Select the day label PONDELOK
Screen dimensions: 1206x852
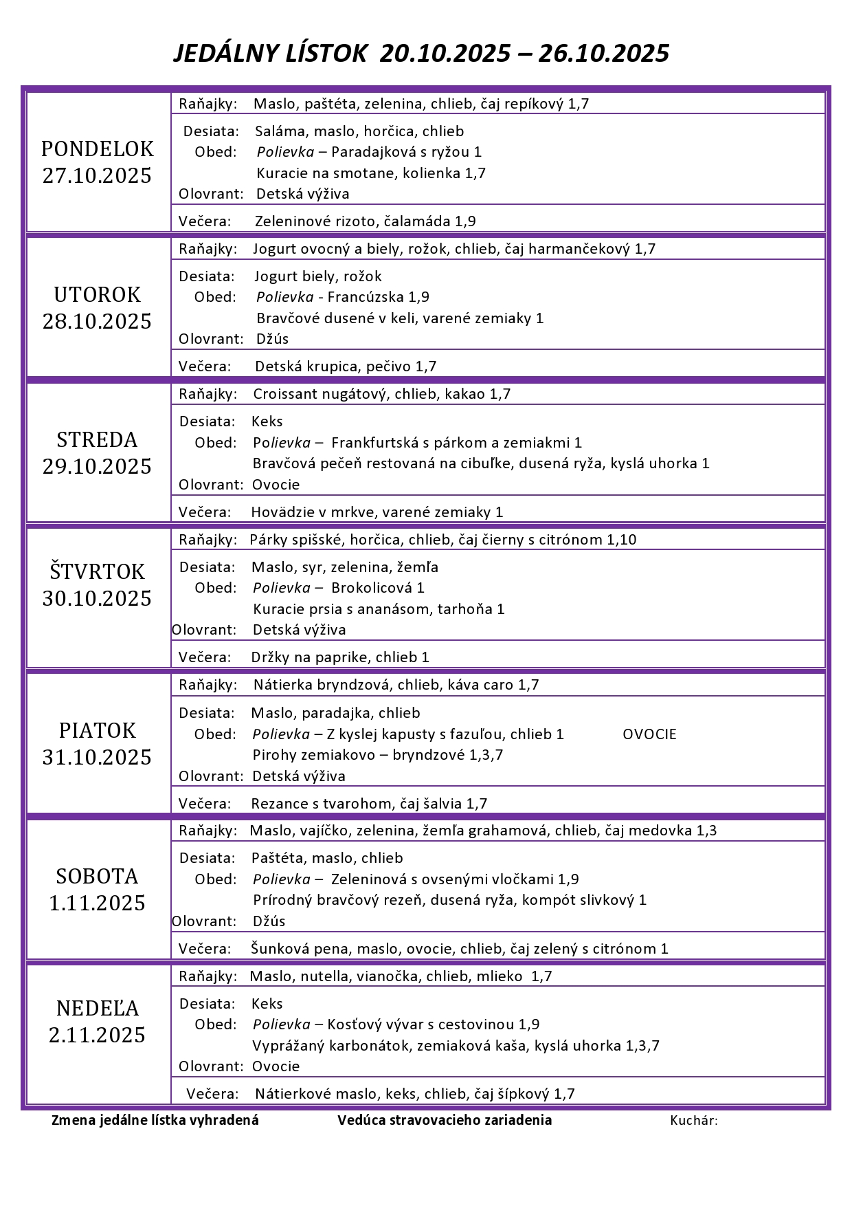[97, 149]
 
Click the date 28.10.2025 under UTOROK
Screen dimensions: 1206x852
[97, 321]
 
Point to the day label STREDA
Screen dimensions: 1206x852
[97, 439]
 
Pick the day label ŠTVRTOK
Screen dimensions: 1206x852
[97, 571]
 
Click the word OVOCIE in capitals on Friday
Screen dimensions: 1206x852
[649, 734]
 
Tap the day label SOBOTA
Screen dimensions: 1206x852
[97, 876]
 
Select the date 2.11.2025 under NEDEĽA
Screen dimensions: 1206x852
[97, 1035]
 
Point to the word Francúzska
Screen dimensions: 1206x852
[366, 297]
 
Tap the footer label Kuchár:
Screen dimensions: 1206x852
[694, 1121]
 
